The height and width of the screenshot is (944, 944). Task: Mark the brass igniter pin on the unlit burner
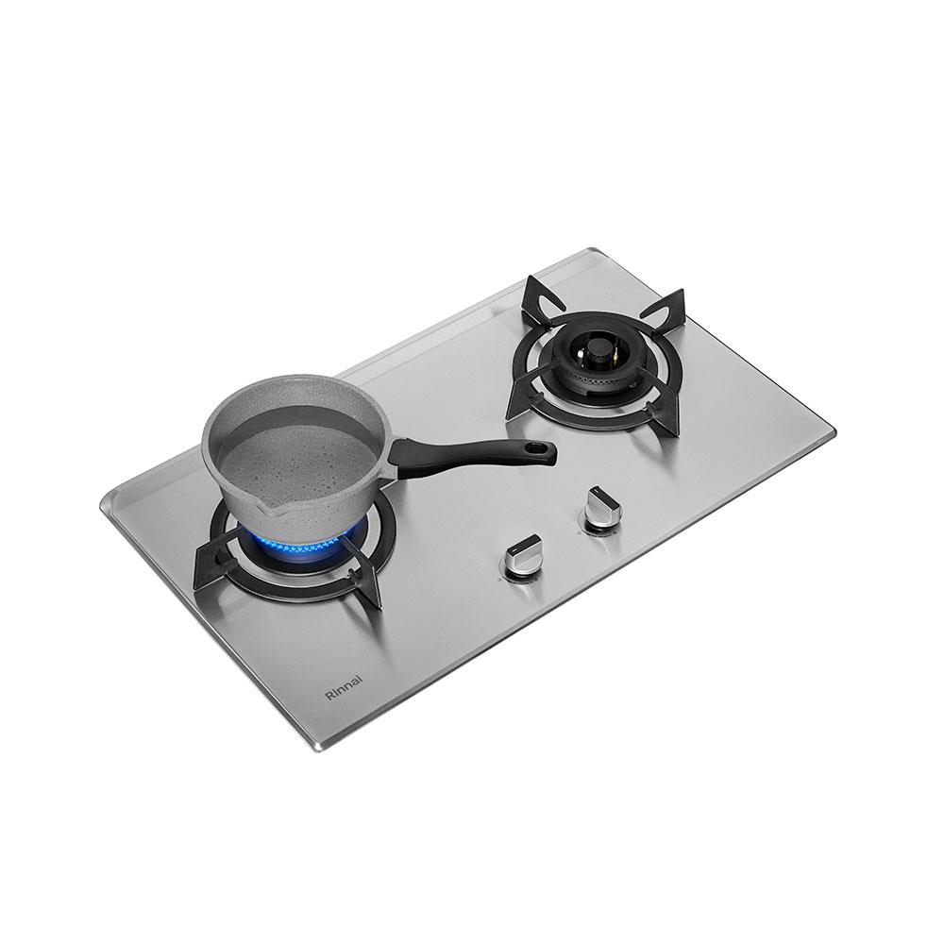612,357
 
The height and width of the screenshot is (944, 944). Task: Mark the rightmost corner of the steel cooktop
836,433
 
